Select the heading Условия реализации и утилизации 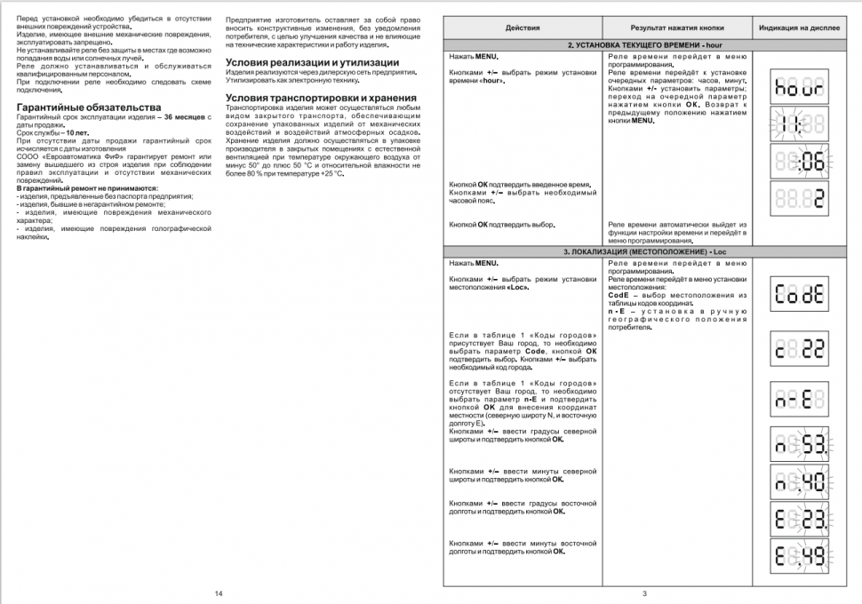point(312,62)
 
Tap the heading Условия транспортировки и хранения point(321,97)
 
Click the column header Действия point(522,28)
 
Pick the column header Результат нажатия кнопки point(677,28)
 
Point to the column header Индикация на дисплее point(800,28)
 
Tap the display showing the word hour point(800,88)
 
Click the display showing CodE point(800,295)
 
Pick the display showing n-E point(800,398)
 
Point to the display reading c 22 point(800,349)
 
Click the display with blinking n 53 point(800,442)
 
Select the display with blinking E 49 point(800,558)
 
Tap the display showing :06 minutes point(800,162)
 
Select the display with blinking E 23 point(800,519)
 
